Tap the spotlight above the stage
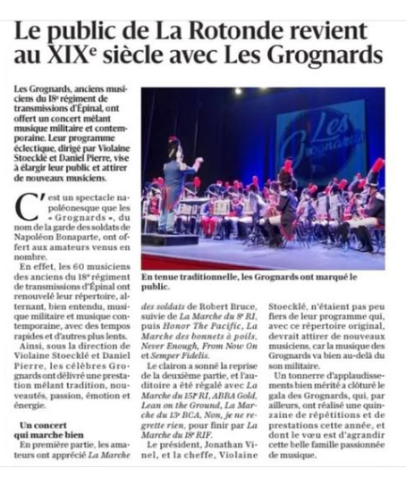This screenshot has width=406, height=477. tap(238, 91)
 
